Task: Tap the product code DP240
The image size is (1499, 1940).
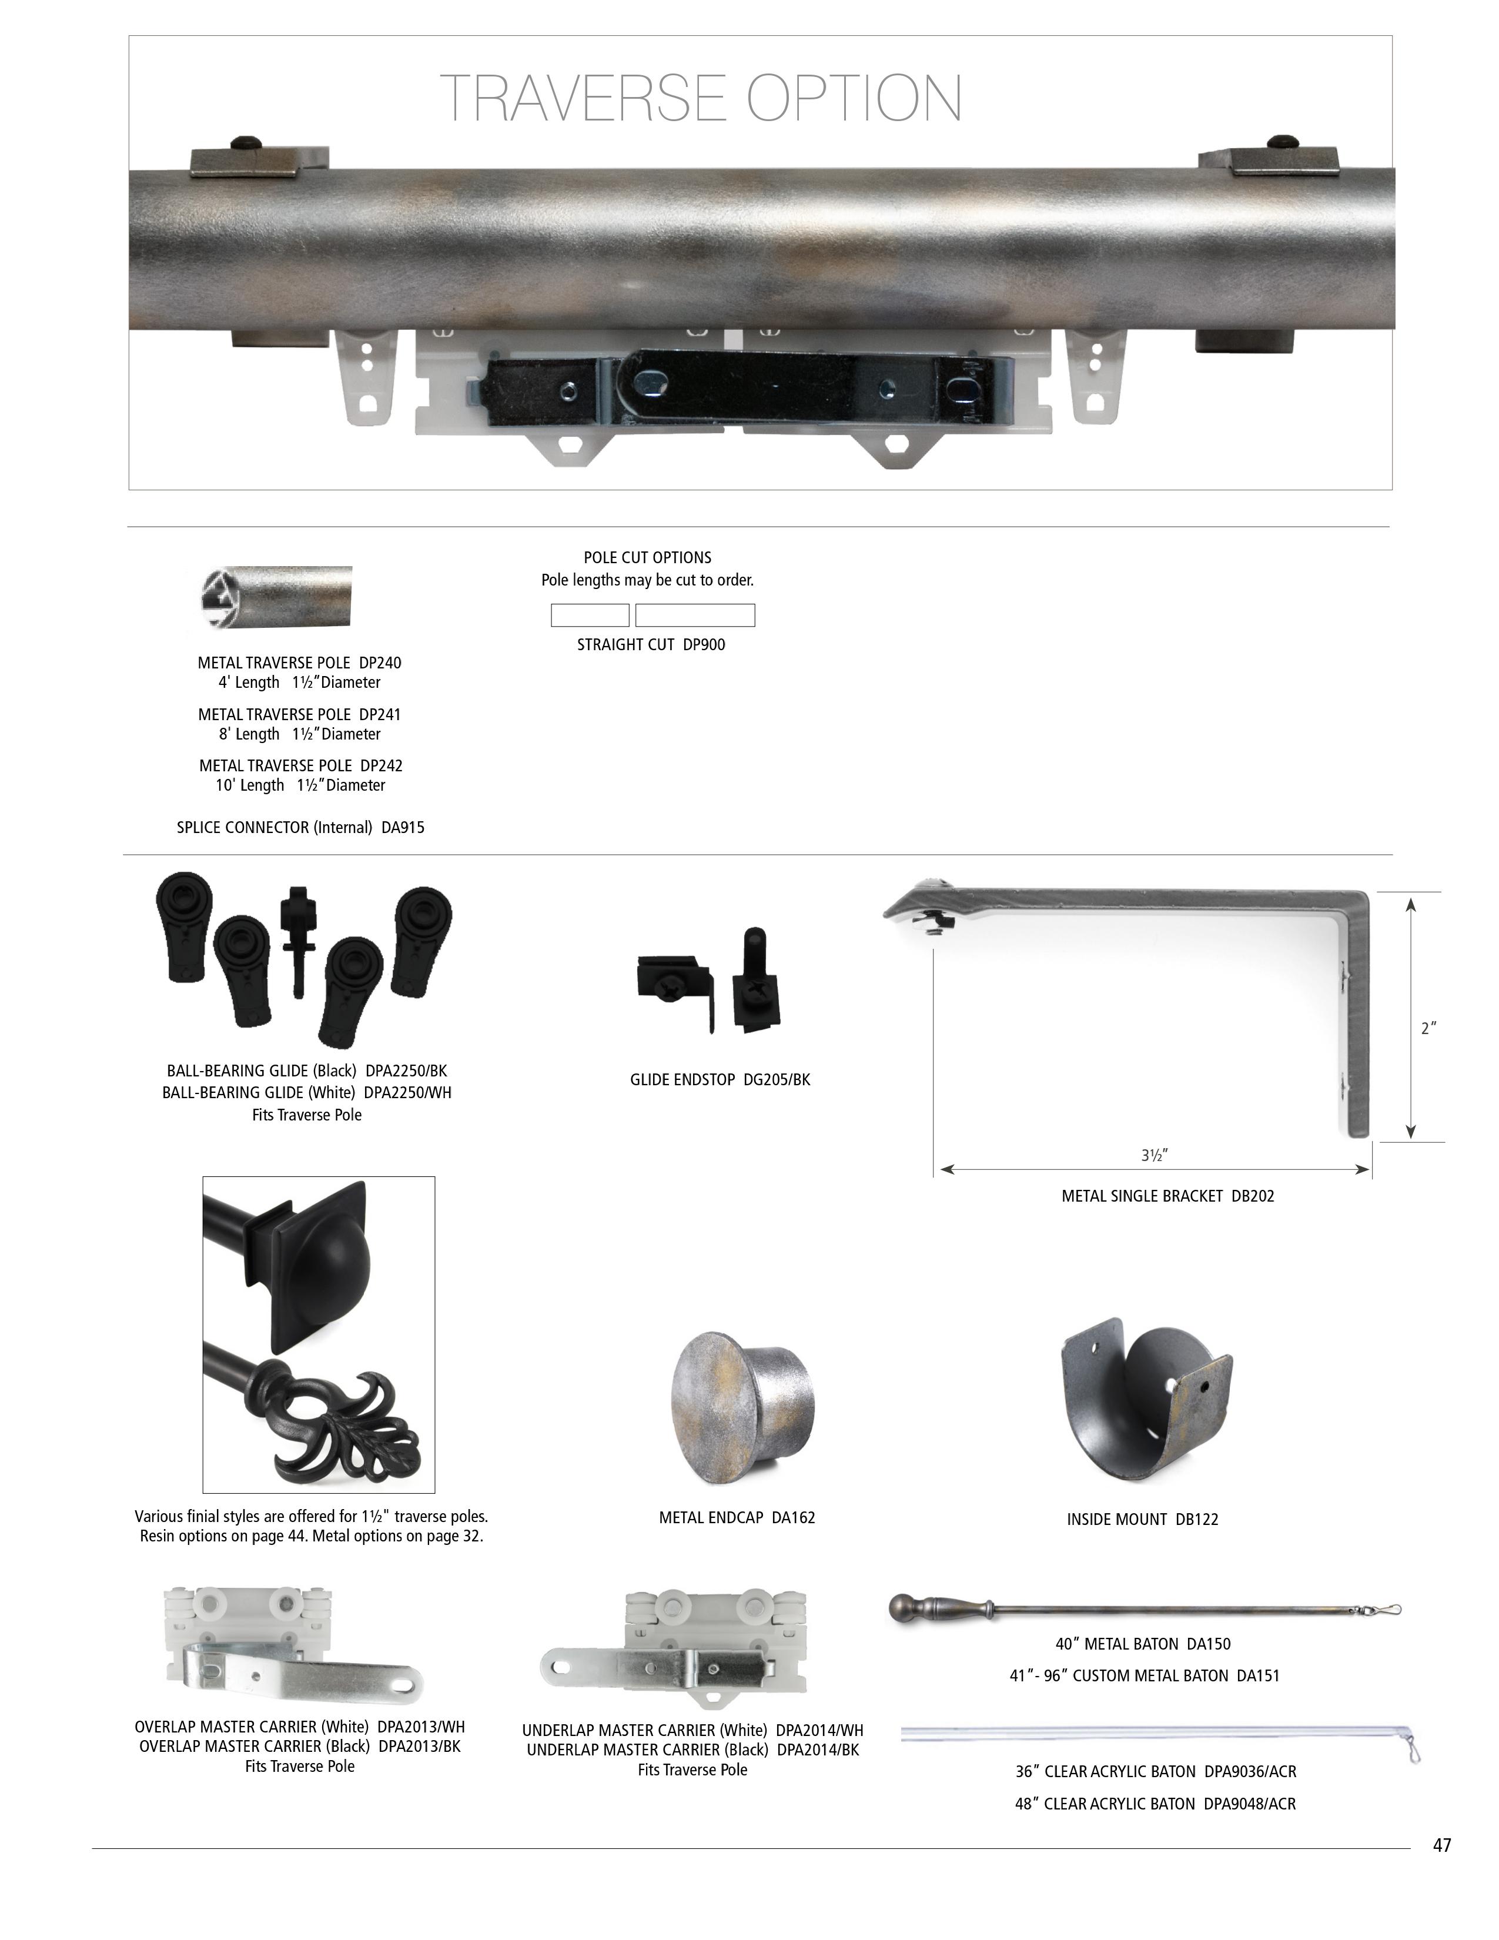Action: [380, 663]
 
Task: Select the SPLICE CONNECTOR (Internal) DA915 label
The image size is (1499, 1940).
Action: [300, 828]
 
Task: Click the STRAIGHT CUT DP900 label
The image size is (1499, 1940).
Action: [651, 645]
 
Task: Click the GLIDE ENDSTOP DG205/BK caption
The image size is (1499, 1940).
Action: [720, 1080]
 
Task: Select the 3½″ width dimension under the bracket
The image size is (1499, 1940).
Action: [1155, 1155]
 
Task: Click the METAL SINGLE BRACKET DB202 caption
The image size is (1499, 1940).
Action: [1168, 1196]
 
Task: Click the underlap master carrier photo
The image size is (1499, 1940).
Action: [675, 1650]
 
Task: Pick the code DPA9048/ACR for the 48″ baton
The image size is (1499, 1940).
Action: [1250, 1804]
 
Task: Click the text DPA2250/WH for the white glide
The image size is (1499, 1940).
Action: [407, 1093]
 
